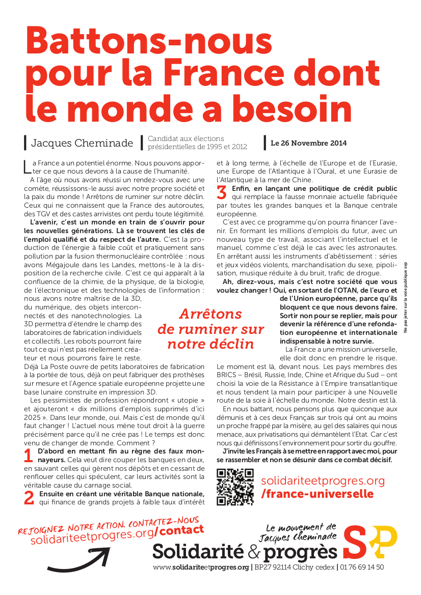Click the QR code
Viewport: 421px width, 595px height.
(x=235, y=487)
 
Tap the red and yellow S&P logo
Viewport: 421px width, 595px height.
(x=369, y=542)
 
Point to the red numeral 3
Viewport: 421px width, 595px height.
(x=222, y=192)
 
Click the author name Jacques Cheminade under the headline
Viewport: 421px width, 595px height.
(x=82, y=143)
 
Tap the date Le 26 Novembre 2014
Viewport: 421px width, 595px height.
(x=308, y=143)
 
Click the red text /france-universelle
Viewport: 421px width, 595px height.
(x=317, y=494)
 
